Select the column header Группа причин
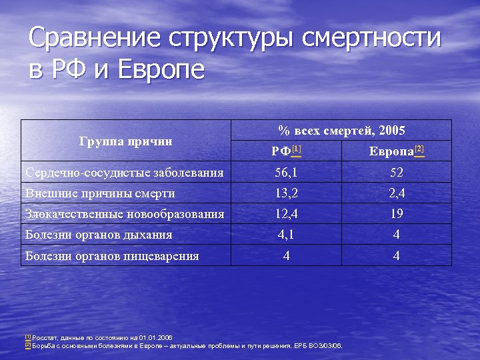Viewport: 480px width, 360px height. tap(125, 141)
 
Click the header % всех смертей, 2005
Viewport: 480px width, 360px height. tap(341, 131)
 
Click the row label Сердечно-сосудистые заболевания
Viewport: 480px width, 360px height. tap(124, 173)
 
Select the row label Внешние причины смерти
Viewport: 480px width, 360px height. tap(100, 194)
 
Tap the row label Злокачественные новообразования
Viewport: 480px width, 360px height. tap(124, 215)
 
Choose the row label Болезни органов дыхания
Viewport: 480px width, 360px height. tap(99, 235)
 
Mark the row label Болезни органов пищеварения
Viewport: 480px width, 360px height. tap(111, 256)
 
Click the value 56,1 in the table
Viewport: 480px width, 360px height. tap(286, 173)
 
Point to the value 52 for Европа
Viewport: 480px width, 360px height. tap(397, 173)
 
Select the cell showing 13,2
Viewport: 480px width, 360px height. tap(286, 194)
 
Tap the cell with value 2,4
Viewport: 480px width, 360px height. tap(397, 194)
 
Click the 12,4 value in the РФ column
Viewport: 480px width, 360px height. tap(286, 215)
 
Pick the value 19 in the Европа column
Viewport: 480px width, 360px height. tap(397, 215)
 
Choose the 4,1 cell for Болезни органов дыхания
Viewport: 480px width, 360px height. tap(286, 235)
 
